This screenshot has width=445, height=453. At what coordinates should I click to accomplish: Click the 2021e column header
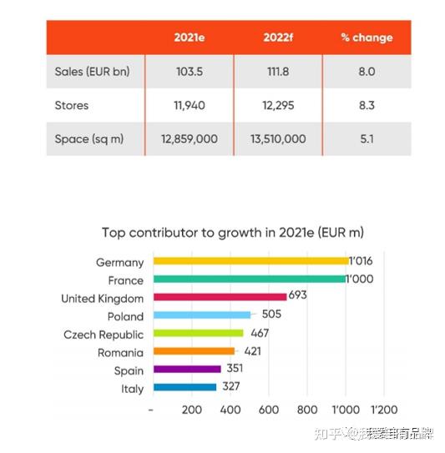click(x=189, y=38)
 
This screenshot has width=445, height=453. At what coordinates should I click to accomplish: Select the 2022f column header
click(x=277, y=38)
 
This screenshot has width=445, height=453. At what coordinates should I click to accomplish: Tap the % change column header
click(x=366, y=38)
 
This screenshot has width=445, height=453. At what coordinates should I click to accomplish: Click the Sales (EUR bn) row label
click(x=92, y=72)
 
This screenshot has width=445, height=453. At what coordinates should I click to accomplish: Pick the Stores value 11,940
click(x=189, y=106)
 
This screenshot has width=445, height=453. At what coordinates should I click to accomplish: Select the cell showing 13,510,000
click(x=277, y=139)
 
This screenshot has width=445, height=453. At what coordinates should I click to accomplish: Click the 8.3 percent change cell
click(x=366, y=106)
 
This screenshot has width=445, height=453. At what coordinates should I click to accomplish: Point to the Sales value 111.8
click(x=277, y=72)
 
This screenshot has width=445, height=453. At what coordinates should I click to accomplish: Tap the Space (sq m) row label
click(x=89, y=139)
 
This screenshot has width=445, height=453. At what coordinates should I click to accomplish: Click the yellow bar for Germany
click(x=250, y=262)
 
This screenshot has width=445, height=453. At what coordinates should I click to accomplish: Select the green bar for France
click(x=248, y=279)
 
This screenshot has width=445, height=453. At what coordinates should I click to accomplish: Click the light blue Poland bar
click(x=200, y=315)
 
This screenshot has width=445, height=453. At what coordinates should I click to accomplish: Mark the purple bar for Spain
click(x=185, y=370)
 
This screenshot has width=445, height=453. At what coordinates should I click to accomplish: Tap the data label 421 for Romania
click(x=252, y=351)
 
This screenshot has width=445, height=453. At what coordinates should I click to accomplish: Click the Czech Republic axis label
click(x=104, y=335)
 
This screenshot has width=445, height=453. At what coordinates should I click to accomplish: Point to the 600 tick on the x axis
click(x=268, y=410)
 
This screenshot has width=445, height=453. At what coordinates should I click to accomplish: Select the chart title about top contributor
click(x=233, y=232)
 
